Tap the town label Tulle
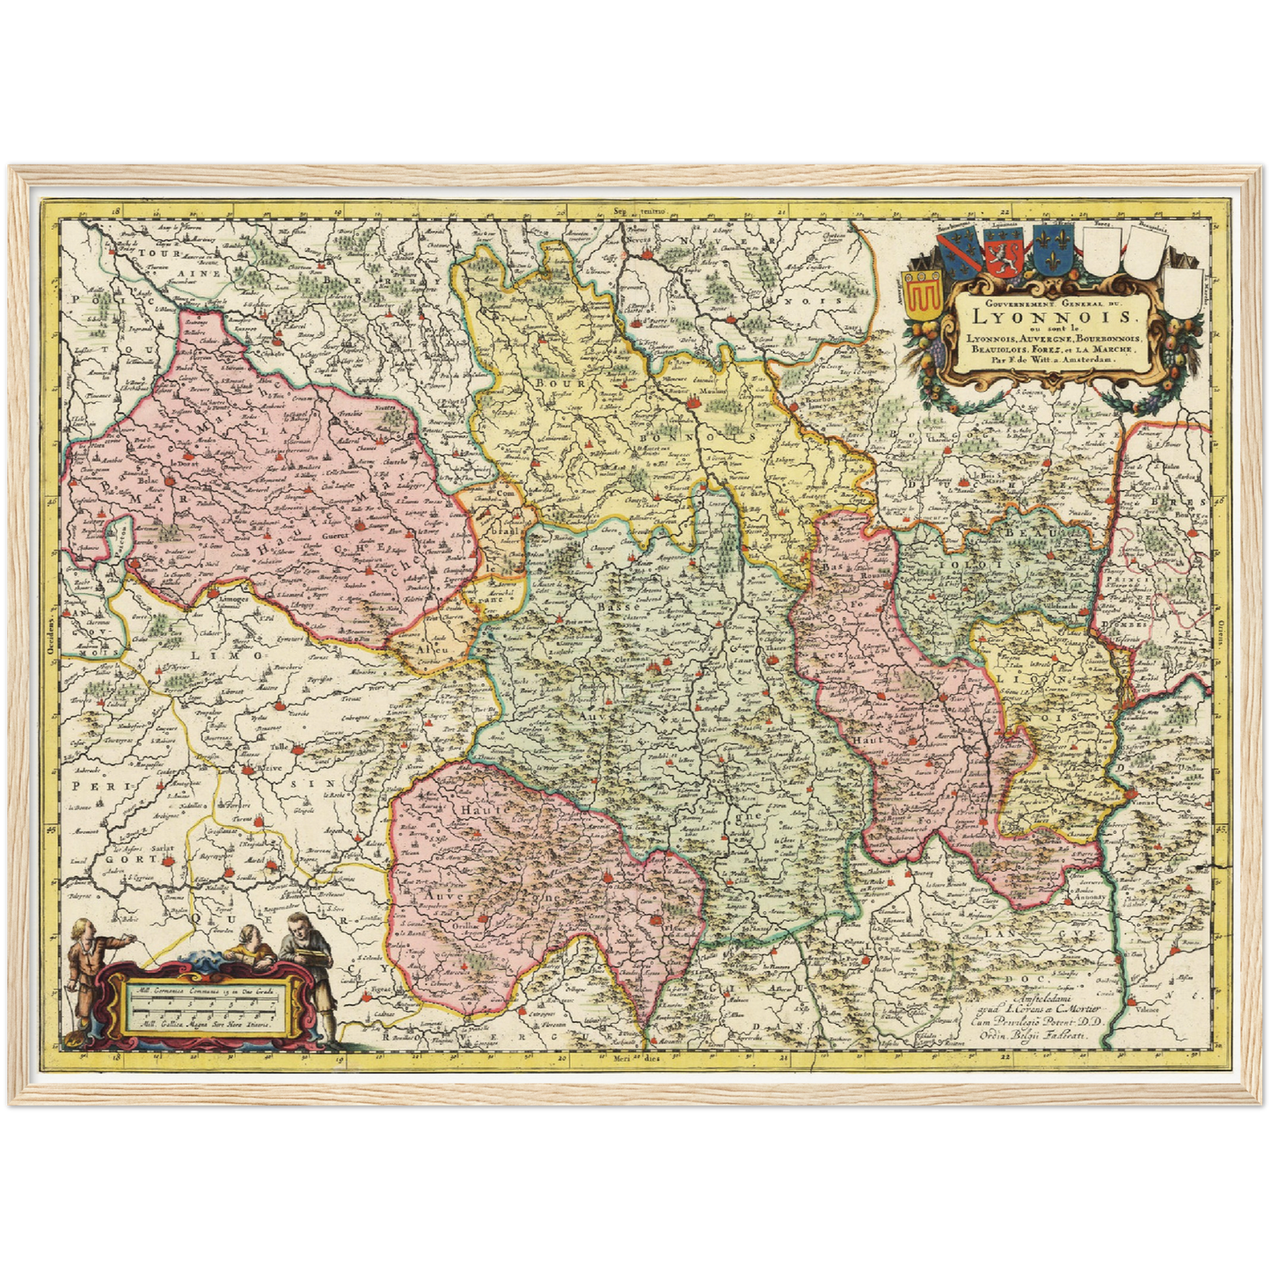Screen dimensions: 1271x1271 pyautogui.click(x=280, y=747)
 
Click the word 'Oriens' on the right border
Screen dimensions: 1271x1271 pyautogui.click(x=1221, y=628)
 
